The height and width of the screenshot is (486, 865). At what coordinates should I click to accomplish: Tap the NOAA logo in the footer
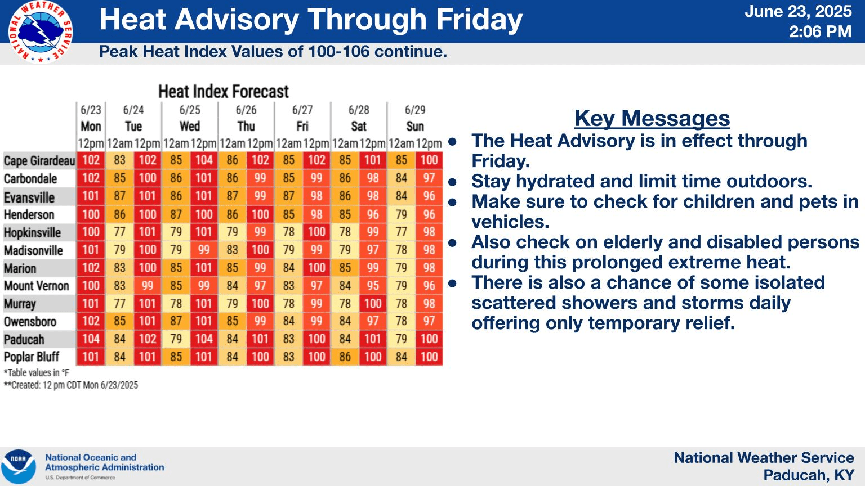pos(19,467)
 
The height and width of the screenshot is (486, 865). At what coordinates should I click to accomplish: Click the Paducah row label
pos(24,339)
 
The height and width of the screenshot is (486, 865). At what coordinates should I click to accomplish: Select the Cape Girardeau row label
pos(39,160)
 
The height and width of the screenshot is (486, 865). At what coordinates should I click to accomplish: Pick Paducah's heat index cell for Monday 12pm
pos(91,339)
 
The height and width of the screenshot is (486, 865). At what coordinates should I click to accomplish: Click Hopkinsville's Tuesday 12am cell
pos(119,232)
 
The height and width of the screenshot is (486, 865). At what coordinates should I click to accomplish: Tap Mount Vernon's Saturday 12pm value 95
pos(373,285)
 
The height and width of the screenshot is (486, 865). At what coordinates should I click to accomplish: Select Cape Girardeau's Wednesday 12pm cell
pos(204,160)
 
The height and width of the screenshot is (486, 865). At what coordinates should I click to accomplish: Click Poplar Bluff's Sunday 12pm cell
pos(429,357)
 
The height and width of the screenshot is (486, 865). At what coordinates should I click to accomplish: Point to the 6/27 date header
pos(302,110)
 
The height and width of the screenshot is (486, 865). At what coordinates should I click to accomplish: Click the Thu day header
pos(246,126)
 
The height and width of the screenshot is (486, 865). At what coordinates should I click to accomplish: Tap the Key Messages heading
pos(652,118)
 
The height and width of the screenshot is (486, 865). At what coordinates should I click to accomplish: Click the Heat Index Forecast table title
pos(224,92)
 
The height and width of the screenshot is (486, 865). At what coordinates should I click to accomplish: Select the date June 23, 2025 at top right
pos(798,11)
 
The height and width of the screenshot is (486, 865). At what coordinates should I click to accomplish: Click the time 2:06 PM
pos(820,31)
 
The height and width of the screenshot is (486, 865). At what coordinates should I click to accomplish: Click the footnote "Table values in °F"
pos(36,373)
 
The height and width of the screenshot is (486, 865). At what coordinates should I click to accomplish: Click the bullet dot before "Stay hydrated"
pos(453,182)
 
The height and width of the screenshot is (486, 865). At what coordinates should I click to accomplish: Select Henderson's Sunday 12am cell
pos(401,214)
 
